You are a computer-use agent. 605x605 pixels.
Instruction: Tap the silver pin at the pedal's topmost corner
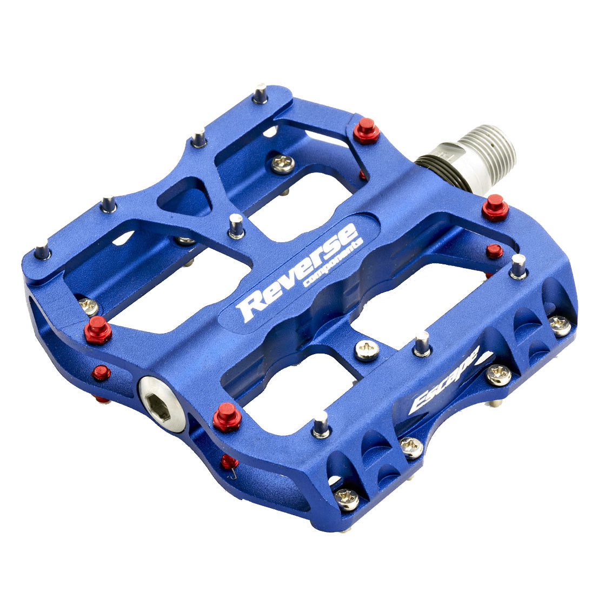(x=260, y=94)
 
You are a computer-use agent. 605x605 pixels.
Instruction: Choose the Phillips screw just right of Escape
(x=498, y=374)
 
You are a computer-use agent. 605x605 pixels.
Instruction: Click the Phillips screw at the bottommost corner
(x=347, y=498)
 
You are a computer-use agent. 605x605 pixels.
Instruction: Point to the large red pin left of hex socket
(x=98, y=329)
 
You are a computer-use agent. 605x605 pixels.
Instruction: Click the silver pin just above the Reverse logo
(x=236, y=225)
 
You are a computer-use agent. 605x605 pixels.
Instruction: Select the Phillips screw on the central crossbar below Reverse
(x=367, y=350)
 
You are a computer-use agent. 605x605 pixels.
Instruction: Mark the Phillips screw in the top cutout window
(x=283, y=163)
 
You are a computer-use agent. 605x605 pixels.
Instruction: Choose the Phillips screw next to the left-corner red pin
(x=88, y=307)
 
